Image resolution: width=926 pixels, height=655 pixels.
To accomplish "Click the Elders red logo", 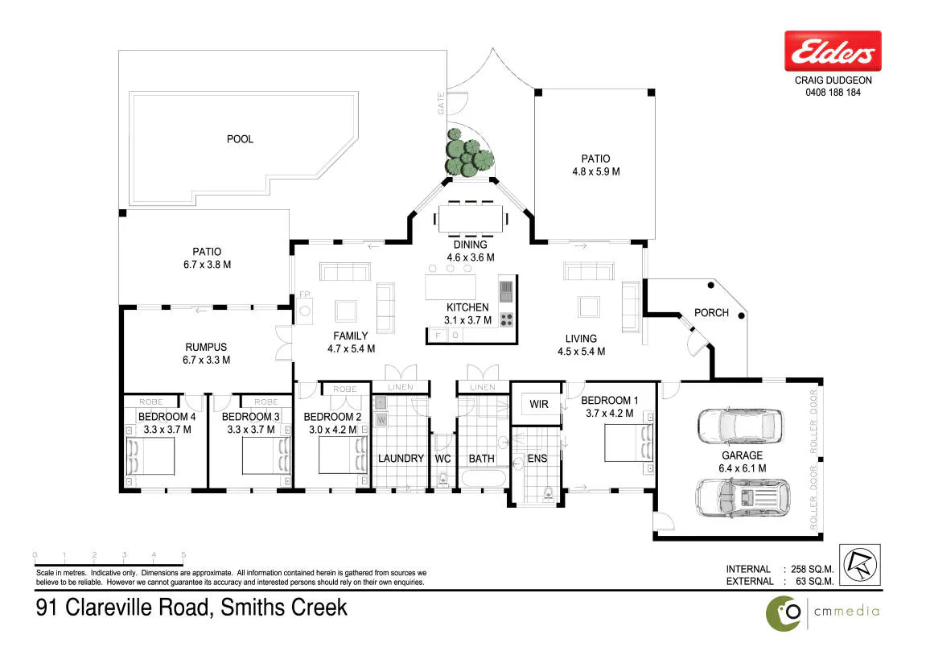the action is tap(833, 51).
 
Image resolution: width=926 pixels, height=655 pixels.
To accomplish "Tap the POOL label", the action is tap(240, 139).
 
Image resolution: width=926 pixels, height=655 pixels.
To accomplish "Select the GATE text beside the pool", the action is tap(441, 103).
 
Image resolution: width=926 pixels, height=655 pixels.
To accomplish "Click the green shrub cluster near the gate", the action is tap(469, 152).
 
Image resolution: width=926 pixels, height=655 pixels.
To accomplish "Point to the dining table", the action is tap(471, 219).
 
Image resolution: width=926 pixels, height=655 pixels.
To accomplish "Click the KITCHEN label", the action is tap(467, 307).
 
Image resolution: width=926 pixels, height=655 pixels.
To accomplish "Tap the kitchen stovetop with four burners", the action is tap(507, 319).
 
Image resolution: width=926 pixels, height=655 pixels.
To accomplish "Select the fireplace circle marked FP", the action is tap(305, 311).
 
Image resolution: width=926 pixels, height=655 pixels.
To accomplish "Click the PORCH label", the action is tap(711, 312).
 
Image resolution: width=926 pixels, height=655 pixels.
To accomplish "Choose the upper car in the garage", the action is tap(741, 426).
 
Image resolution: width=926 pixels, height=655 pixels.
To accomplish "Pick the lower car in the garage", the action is tap(743, 498).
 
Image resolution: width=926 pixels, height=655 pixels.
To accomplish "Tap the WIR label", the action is tap(538, 405).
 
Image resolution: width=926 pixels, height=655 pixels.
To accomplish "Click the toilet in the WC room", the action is tap(442, 479).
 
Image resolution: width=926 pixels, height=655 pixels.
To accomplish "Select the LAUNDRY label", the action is tap(401, 459).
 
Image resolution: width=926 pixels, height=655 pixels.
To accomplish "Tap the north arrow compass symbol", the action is tap(860, 565).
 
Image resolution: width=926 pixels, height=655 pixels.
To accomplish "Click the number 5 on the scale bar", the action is tap(183, 554).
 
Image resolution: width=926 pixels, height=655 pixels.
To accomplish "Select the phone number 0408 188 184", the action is tap(833, 93).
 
